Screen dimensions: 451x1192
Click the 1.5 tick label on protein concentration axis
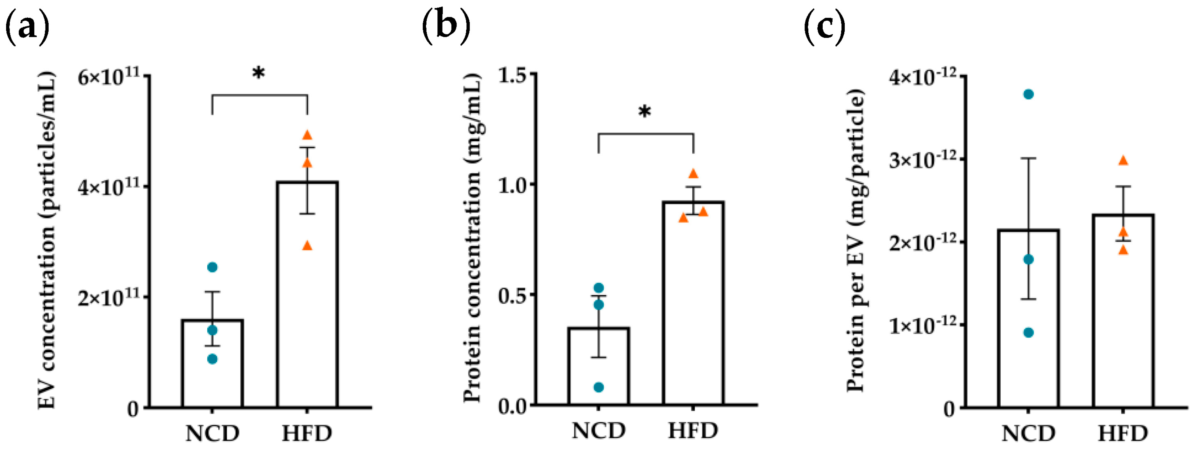[x=514, y=74]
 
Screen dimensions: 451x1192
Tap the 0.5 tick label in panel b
[x=514, y=295]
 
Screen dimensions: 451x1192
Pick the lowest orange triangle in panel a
[x=307, y=246]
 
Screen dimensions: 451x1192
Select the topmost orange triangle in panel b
[x=693, y=174]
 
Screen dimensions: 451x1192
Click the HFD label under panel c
[x=1123, y=434]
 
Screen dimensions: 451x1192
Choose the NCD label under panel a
[x=212, y=434]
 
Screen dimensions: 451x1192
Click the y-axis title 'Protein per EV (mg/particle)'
[x=856, y=241]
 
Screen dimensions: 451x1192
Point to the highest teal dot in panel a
[x=212, y=267]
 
